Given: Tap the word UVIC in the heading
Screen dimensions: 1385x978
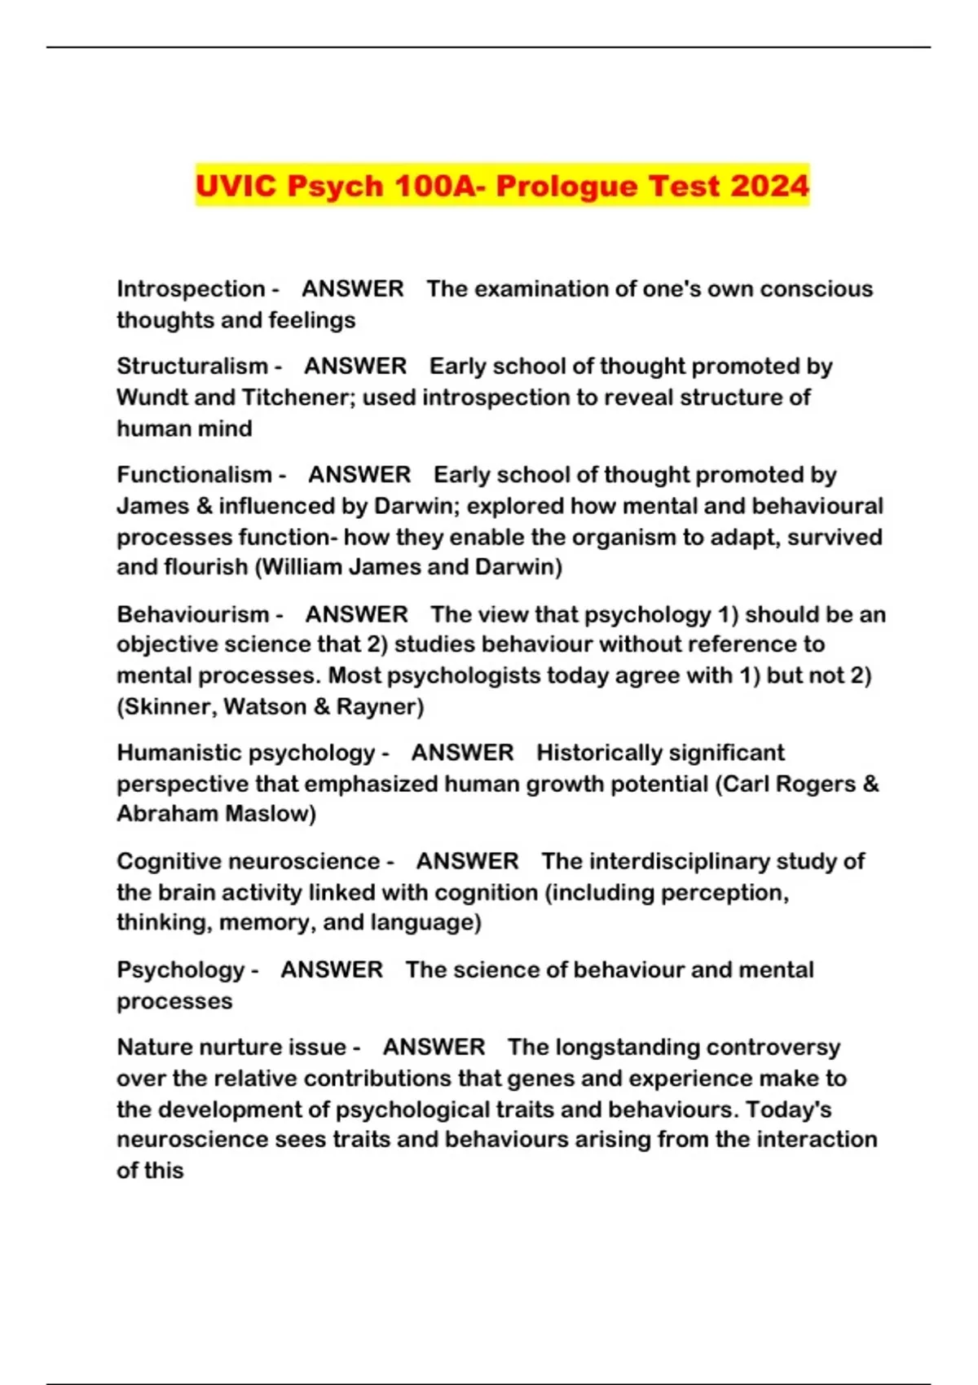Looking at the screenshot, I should tap(236, 186).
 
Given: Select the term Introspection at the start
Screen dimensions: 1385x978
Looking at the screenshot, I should tap(191, 289).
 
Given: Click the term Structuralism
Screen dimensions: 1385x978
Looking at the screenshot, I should tap(192, 367).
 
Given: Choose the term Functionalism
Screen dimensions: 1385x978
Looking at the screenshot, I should tap(194, 475).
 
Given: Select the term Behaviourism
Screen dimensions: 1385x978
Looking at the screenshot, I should tap(192, 614).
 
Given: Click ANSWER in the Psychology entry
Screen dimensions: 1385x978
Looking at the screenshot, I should tap(332, 969).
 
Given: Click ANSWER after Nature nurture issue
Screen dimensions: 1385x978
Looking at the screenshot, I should tap(434, 1048).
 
